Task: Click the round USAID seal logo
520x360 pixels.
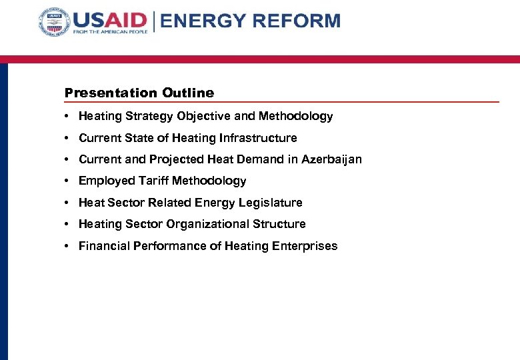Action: click(x=55, y=24)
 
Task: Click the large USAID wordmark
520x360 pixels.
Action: click(x=110, y=19)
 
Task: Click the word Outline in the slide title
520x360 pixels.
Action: click(x=188, y=93)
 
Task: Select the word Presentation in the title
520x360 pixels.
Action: click(x=111, y=93)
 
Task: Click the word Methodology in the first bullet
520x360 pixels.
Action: click(x=295, y=116)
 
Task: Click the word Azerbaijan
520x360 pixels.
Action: click(x=331, y=159)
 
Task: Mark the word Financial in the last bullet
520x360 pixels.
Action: click(x=104, y=246)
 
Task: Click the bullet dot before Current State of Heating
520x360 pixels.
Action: click(x=69, y=138)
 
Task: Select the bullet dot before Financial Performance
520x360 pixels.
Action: click(x=69, y=246)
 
